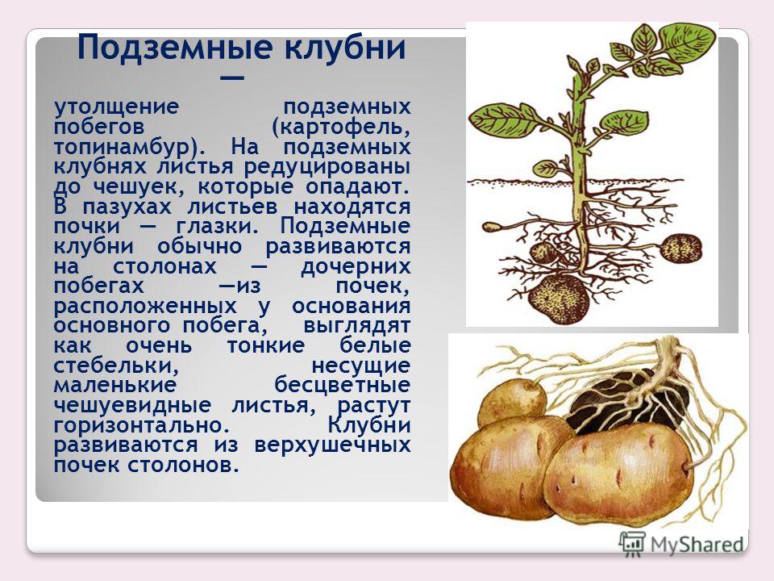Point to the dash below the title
click(x=232, y=78)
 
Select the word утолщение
click(x=116, y=107)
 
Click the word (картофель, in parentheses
click(x=340, y=127)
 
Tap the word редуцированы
click(x=327, y=166)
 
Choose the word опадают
click(x=357, y=186)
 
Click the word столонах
click(x=164, y=266)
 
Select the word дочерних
click(x=356, y=267)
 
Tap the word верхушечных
click(x=333, y=445)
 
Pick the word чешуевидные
click(x=132, y=406)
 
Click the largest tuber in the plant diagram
click(x=560, y=299)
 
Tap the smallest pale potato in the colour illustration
click(x=512, y=401)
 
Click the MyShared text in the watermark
click(x=697, y=545)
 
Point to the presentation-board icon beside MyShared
click(x=632, y=543)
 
